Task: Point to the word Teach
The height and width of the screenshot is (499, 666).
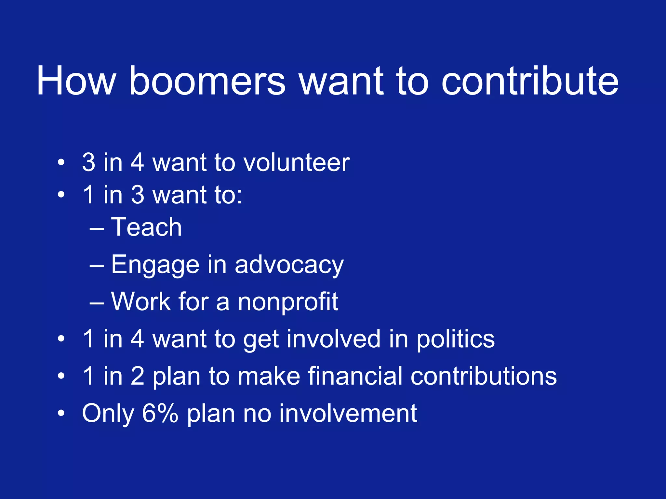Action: click(146, 227)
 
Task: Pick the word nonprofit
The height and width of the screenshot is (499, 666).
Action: click(288, 301)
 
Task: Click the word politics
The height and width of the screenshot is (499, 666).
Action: click(456, 339)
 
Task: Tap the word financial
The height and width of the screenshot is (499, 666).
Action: click(355, 376)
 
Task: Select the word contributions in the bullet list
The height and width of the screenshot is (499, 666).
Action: click(484, 376)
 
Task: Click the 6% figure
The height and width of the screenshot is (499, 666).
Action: click(160, 413)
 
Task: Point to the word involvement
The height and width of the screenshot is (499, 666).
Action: click(348, 413)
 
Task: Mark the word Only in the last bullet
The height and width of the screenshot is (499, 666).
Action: click(108, 414)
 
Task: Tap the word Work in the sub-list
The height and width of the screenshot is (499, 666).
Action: click(141, 301)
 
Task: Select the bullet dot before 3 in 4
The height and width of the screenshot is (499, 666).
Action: click(61, 162)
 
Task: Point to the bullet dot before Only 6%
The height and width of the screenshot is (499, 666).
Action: click(61, 414)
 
